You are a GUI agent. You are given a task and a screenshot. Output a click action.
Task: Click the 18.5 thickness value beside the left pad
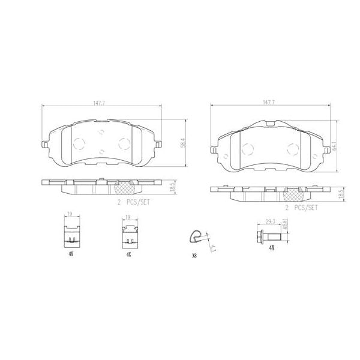pos(172,187)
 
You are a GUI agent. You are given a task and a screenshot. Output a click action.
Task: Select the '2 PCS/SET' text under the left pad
pos(134,202)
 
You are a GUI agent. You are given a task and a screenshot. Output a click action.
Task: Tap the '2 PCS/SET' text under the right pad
pos(301,208)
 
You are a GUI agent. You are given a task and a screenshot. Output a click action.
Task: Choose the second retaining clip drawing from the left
pos(128,234)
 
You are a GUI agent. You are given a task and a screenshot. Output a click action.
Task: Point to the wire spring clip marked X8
pos(195,238)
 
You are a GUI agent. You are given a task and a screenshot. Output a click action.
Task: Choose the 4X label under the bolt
pos(271,247)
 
